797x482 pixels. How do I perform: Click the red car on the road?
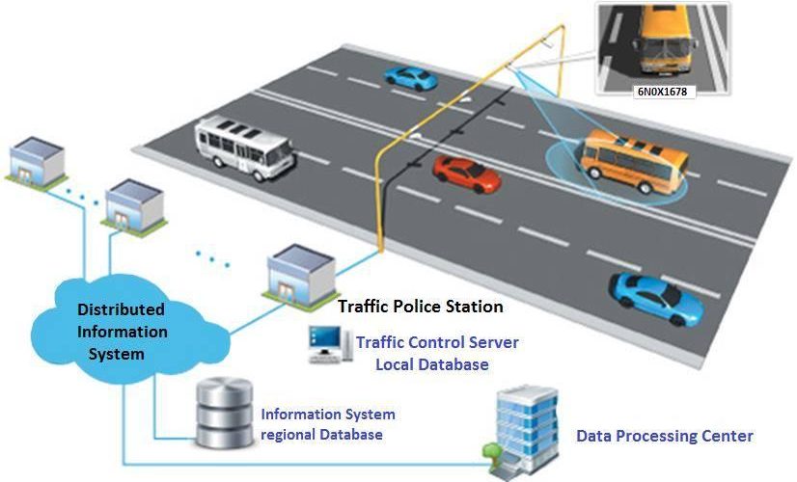tap(466, 174)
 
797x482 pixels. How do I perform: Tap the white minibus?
tap(245, 147)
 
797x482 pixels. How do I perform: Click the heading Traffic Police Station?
tap(420, 307)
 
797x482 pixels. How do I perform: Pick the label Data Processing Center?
tap(664, 436)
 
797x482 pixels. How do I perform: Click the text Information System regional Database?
tap(327, 424)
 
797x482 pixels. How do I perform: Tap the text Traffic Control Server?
tap(437, 342)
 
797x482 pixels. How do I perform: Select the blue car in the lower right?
tap(656, 296)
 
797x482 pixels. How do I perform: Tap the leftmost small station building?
tap(37, 160)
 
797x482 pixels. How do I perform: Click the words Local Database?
tap(431, 364)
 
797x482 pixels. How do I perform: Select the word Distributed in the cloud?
tap(121, 310)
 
